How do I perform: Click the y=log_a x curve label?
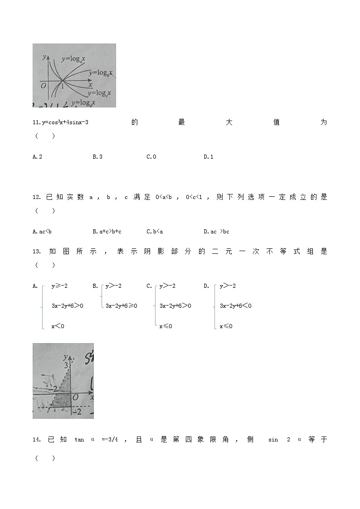[x=74, y=59]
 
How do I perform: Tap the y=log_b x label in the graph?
[x=100, y=73]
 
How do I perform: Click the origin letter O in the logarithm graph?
[x=43, y=85]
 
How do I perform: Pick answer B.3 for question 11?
[x=97, y=157]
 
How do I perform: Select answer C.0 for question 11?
[x=151, y=157]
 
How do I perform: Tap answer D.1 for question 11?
[x=208, y=157]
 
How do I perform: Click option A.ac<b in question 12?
[x=42, y=232]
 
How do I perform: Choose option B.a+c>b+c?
[x=107, y=232]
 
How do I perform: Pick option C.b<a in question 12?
[x=155, y=232]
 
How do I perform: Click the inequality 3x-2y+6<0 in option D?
[x=235, y=306]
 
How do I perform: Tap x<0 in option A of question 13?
[x=58, y=326]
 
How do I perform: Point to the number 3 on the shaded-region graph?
[x=66, y=365]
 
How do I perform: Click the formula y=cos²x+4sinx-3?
[x=64, y=122]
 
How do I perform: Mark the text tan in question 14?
[x=79, y=440]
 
